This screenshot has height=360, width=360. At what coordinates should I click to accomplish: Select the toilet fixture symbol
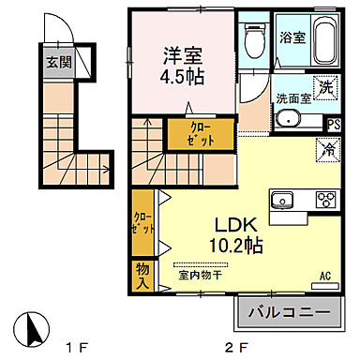click(250, 40)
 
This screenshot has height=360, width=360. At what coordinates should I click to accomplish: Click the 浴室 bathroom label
click(292, 37)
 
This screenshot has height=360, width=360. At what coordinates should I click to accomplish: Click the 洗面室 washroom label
click(292, 98)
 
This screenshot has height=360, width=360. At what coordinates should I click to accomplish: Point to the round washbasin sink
click(288, 118)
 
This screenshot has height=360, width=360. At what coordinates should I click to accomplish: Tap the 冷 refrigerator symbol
click(329, 148)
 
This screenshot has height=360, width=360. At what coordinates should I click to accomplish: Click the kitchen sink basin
click(283, 199)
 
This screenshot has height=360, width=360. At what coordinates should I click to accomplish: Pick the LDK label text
click(238, 226)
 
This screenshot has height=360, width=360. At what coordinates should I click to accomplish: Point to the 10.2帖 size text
click(238, 246)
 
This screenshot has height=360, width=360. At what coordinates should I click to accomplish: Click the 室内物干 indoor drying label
click(201, 275)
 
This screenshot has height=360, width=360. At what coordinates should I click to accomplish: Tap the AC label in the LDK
click(327, 276)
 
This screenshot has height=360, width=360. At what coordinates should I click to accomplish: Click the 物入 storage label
click(143, 274)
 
